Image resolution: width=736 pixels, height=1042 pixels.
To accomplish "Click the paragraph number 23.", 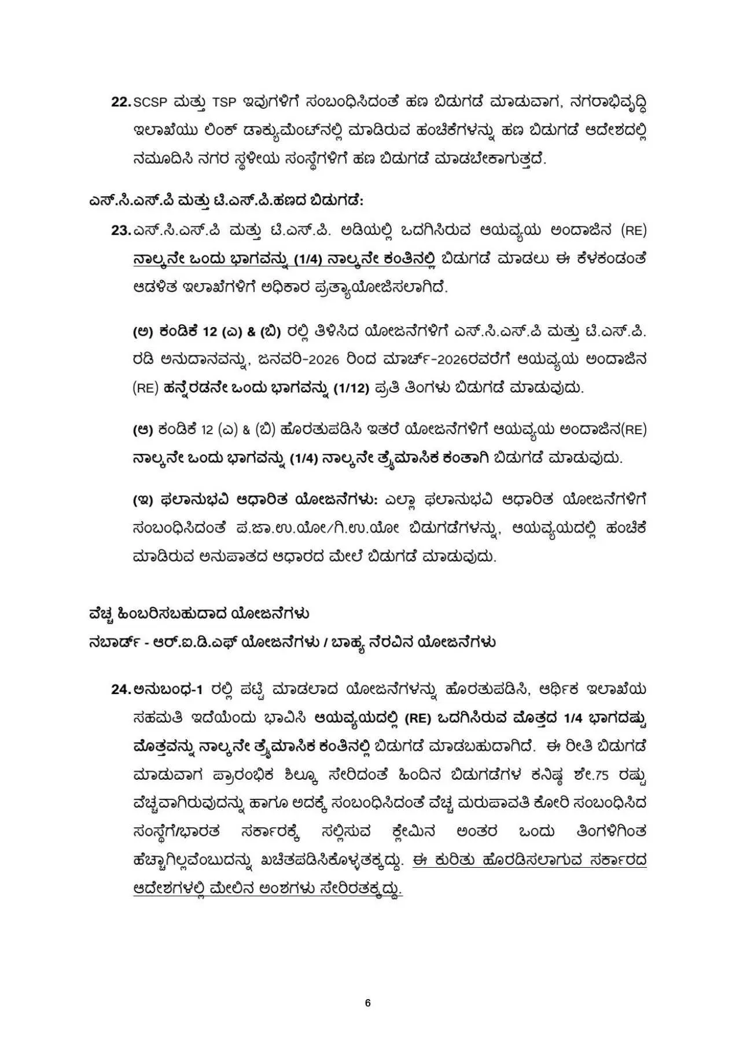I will [x=121, y=230].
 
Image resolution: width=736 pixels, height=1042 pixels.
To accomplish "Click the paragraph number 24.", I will [x=121, y=689].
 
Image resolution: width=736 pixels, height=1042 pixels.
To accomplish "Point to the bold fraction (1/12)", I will [x=351, y=388].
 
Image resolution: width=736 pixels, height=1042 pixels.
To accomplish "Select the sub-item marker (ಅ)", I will [x=142, y=332].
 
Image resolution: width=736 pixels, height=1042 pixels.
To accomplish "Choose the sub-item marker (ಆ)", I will [x=142, y=430].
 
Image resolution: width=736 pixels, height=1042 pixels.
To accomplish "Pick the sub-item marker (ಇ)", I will [x=142, y=500].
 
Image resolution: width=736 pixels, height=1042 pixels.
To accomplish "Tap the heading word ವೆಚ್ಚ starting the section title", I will [x=99, y=612].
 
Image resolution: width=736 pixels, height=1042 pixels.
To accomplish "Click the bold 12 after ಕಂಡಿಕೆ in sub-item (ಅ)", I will [x=210, y=332].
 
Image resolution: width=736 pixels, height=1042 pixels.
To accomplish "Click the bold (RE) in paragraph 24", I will [x=418, y=718].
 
